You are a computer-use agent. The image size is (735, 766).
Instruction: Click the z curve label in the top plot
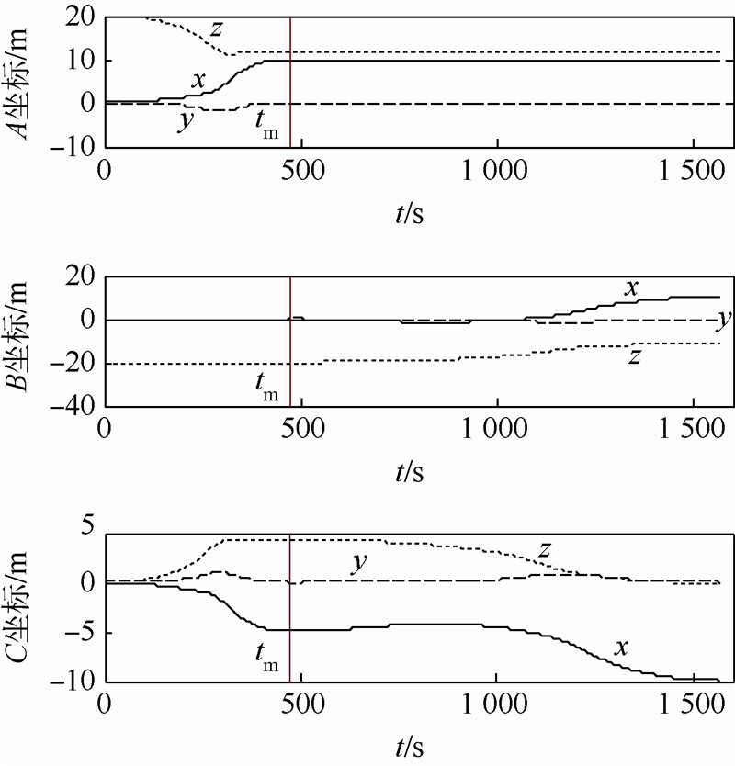[217, 29]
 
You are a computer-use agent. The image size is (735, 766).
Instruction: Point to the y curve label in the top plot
[187, 121]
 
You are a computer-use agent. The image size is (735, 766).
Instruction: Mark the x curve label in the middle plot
[631, 287]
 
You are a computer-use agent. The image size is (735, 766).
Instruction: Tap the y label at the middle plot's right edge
[724, 320]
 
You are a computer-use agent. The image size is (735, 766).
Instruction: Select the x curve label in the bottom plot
[621, 648]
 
